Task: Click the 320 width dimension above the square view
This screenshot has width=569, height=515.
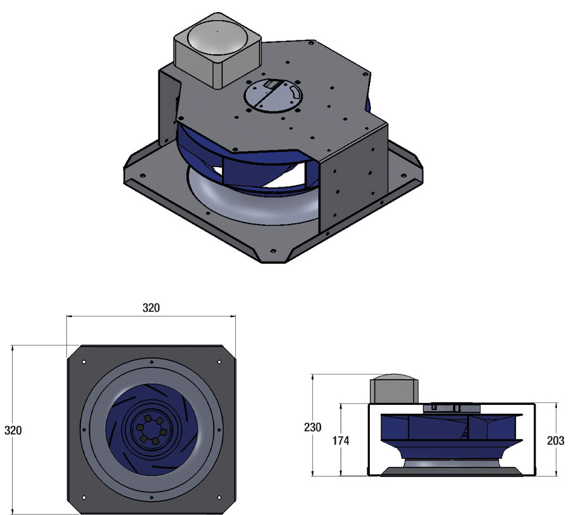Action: [151, 308]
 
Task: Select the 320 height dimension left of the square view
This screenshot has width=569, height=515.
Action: [13, 430]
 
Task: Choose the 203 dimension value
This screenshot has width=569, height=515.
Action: [554, 440]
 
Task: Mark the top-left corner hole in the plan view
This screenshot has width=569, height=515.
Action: [83, 362]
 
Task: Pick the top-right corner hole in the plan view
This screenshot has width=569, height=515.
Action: [219, 362]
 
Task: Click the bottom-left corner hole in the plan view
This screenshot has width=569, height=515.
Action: [83, 499]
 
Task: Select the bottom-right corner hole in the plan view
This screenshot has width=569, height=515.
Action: [219, 499]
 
